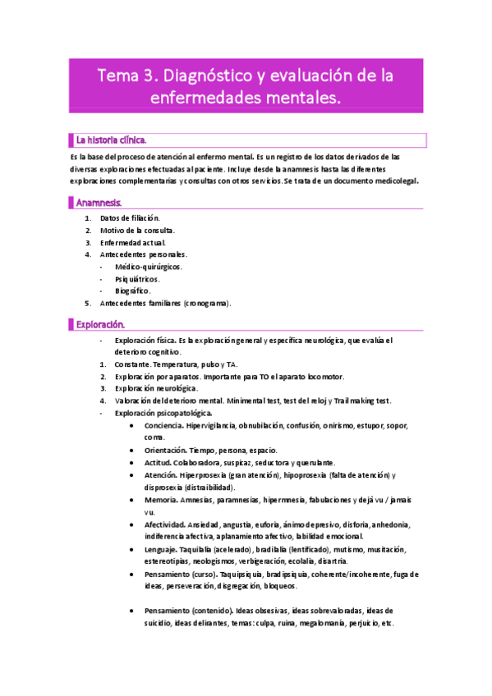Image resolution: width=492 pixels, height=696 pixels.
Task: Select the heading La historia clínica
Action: click(x=112, y=140)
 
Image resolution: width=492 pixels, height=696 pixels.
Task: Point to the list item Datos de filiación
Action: click(x=130, y=218)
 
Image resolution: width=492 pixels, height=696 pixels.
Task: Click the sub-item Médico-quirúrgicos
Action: click(x=149, y=267)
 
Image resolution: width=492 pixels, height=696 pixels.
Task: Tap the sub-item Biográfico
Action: click(x=133, y=291)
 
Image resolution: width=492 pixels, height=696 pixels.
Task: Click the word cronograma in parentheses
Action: click(x=207, y=303)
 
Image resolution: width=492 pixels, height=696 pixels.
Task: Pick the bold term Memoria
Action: click(x=162, y=500)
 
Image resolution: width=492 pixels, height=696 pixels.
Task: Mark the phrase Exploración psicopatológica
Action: click(x=163, y=413)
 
